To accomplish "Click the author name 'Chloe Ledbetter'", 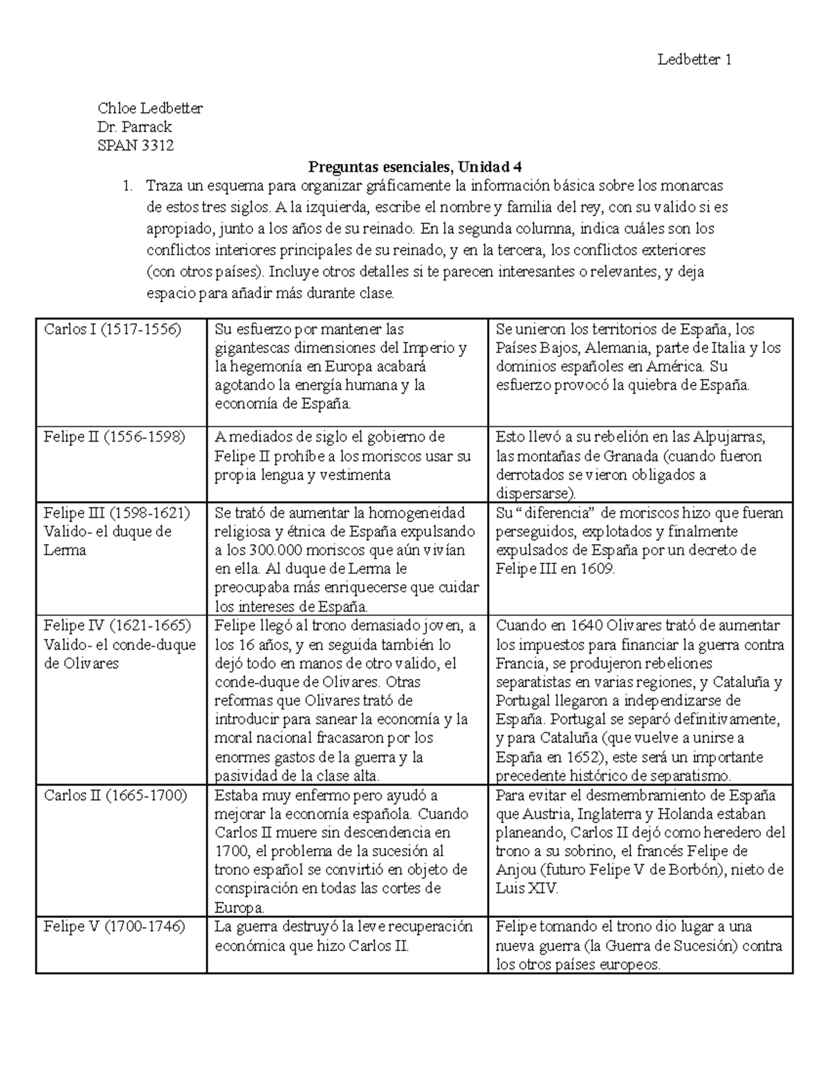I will [150, 108].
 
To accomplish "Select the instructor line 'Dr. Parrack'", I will [135, 127].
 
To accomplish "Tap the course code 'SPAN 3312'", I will [136, 145].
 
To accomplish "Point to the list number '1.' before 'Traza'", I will [127, 186].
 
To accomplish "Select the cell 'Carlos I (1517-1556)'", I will [112, 329].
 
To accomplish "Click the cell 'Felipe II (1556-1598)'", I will [114, 437].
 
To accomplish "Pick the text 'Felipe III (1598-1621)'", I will [116, 513].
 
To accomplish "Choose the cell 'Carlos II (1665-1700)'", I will [116, 795].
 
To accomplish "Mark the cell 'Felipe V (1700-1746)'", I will [114, 927].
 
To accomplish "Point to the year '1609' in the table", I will [597, 569].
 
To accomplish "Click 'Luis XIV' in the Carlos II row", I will [526, 889].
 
